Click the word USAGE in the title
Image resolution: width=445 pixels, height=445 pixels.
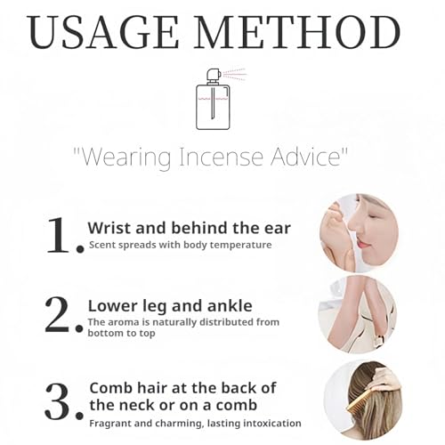point(103,32)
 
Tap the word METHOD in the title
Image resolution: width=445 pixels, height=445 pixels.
point(297,32)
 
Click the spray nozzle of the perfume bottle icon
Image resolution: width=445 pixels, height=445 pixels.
point(214,75)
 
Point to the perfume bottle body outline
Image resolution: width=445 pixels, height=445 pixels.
point(213,107)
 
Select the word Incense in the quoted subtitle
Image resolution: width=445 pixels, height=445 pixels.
point(221,157)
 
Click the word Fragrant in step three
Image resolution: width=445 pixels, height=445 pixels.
point(110,424)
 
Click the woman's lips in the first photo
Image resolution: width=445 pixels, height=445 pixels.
point(364,244)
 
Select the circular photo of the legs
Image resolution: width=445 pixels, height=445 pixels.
point(357,314)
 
